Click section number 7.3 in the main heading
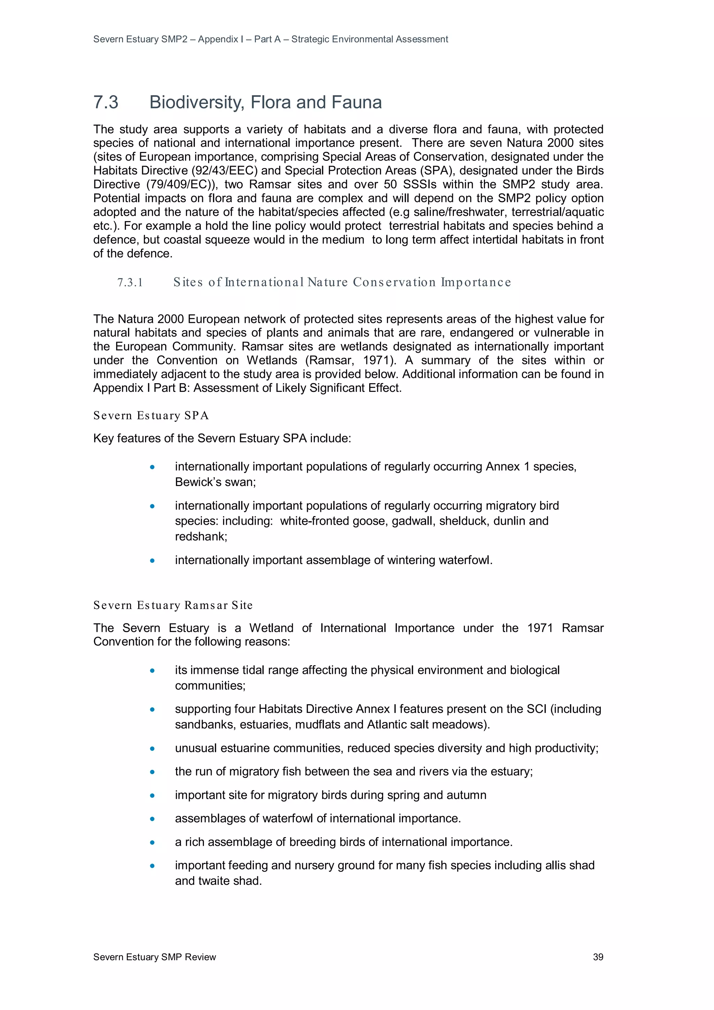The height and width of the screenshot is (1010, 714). [x=106, y=102]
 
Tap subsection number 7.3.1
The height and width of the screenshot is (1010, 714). [x=130, y=282]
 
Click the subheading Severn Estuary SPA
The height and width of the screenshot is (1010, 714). [x=151, y=416]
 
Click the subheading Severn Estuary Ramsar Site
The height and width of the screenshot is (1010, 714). [x=173, y=605]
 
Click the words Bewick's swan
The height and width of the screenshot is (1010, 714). [x=215, y=482]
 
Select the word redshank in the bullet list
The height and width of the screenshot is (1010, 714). [x=200, y=537]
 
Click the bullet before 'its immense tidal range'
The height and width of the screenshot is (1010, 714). [x=152, y=671]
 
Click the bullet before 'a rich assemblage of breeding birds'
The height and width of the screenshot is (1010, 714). [x=152, y=842]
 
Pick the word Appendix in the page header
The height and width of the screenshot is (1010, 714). [x=218, y=39]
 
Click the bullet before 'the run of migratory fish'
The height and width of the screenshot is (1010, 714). [x=152, y=772]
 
